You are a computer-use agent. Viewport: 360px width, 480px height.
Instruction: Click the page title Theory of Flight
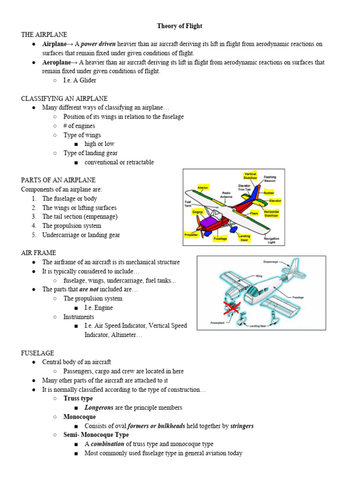tap(180, 26)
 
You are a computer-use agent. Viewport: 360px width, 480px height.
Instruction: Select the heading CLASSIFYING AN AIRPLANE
tap(64, 98)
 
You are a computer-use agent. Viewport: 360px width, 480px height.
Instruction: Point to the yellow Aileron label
tap(202, 187)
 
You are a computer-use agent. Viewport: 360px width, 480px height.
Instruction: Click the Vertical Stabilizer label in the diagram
tap(250, 176)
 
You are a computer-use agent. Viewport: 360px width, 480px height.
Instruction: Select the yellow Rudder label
tap(269, 193)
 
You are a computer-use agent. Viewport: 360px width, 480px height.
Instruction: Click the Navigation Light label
tap(271, 240)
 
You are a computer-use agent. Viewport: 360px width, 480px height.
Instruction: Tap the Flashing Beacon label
tap(270, 179)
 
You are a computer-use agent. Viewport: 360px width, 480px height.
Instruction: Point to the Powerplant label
tap(218, 323)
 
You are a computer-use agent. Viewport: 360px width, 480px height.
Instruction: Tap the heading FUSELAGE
tap(37, 353)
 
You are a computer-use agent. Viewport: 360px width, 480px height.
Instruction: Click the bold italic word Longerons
tap(99, 408)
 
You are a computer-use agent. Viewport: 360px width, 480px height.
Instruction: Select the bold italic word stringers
tap(242, 426)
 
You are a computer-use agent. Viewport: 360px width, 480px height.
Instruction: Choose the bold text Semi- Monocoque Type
tap(96, 435)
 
